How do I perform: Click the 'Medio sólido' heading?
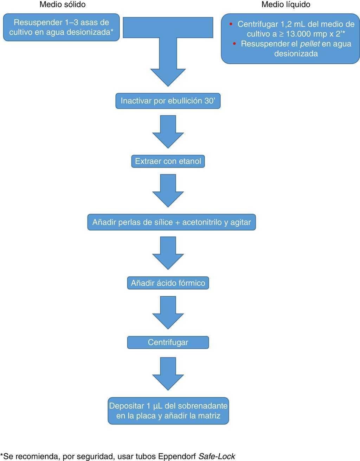pos(62,5)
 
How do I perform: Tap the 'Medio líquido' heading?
pos(286,5)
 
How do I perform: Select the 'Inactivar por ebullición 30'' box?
pos(168,101)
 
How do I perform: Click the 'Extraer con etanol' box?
pos(168,162)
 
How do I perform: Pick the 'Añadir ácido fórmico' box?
pos(168,283)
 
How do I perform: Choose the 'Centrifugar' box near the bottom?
pos(168,342)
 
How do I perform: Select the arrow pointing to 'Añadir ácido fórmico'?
pos(168,252)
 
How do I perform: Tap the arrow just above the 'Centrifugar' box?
pos(168,312)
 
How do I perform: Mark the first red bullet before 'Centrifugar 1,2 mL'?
pos(231,24)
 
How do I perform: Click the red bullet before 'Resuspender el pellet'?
pos(235,44)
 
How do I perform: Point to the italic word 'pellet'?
pos(310,44)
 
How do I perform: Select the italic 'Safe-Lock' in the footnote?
pos(217,456)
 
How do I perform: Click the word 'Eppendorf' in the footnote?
pos(177,456)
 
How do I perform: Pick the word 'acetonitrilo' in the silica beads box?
pos(202,222)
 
